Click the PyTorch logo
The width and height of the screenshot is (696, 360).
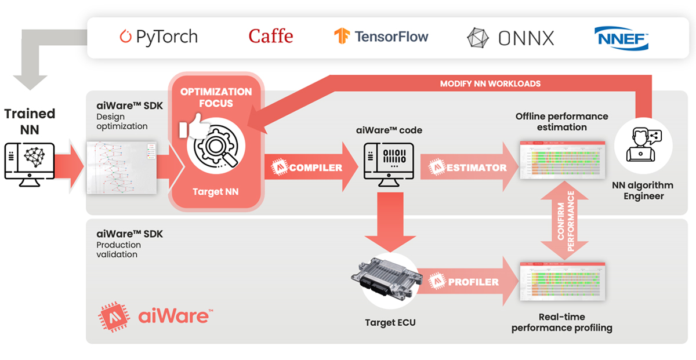tap(158, 37)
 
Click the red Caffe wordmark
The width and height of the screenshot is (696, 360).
tap(270, 37)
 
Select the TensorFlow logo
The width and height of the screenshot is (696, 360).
tap(381, 37)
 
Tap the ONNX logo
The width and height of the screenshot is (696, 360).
tap(510, 38)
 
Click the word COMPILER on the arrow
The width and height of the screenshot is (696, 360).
tap(316, 168)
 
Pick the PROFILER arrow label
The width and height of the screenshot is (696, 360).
tap(473, 282)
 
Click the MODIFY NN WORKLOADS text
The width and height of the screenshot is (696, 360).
tap(490, 83)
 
